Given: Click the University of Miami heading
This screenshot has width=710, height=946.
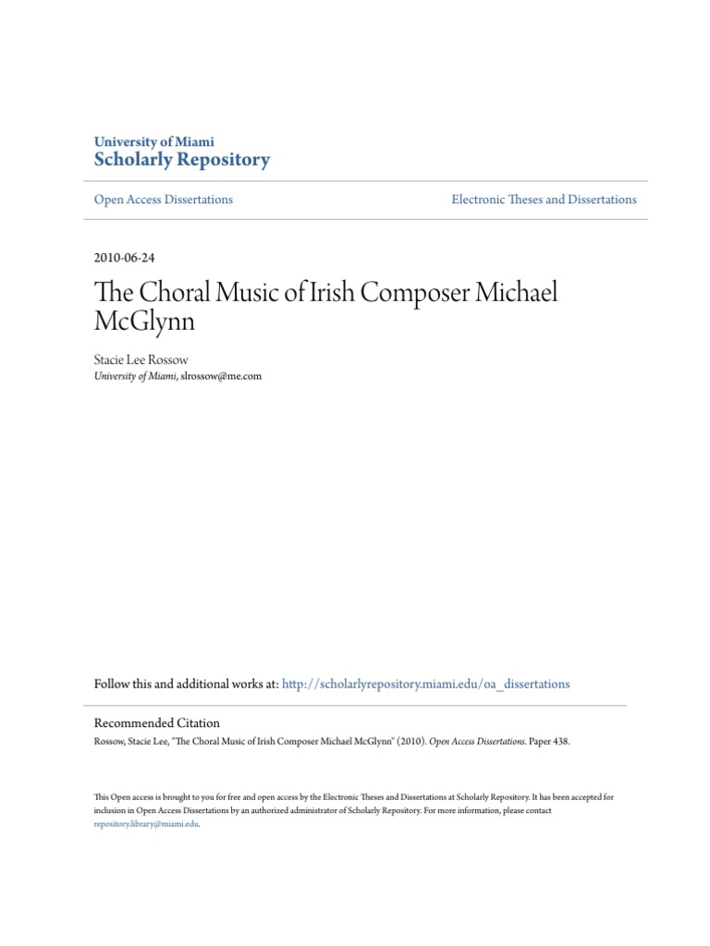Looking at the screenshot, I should [x=154, y=142].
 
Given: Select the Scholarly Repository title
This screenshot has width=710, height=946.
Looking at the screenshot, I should [x=182, y=160].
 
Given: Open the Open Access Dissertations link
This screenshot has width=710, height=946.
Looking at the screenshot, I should [x=164, y=200].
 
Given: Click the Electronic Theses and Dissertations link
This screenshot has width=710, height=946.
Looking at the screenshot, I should [x=544, y=200].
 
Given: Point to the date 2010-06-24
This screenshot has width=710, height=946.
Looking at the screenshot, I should [x=124, y=258].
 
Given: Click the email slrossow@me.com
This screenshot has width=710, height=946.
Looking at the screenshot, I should [x=221, y=376].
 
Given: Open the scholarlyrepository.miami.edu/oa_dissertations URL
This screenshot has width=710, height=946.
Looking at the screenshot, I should [x=425, y=685].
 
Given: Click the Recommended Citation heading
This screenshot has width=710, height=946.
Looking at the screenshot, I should [x=157, y=723].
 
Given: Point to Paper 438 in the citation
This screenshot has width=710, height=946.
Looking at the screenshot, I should [x=541, y=741].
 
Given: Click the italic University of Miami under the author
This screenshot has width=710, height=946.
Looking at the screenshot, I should [x=136, y=376].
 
